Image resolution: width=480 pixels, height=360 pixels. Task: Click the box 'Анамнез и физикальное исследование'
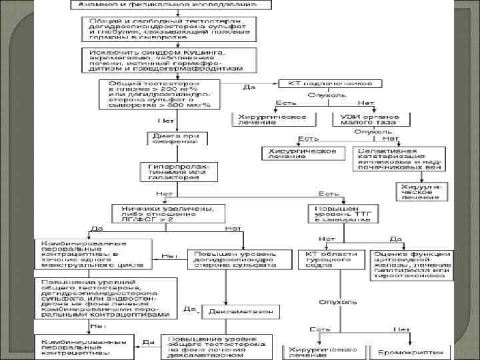click(x=170, y=4)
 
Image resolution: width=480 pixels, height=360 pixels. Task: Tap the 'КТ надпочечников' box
click(x=330, y=84)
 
